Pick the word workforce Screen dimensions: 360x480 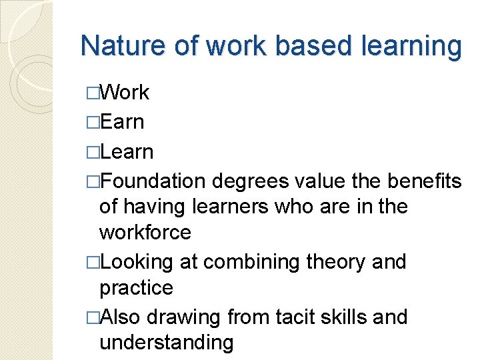[145, 233]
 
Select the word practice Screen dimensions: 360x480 [135, 288]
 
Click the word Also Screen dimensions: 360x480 [121, 317]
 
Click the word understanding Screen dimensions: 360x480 [166, 343]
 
